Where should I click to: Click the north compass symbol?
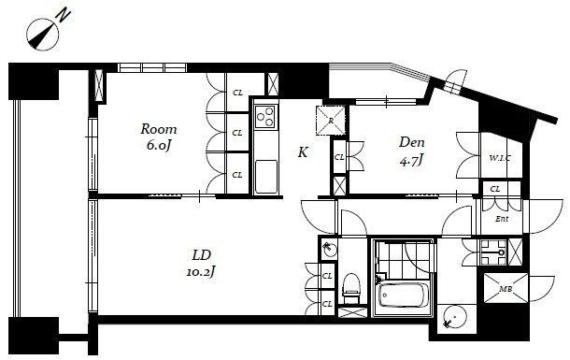pos(43,35)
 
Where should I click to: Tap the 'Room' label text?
pos(159,129)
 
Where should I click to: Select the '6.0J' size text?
pos(159,146)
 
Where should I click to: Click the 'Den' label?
pos(411,142)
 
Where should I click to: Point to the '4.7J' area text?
pos(411,160)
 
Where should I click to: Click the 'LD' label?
pos(202,255)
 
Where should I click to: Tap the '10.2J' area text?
pos(201,271)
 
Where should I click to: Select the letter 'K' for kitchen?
pos(303,152)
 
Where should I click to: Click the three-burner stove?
pos(265,116)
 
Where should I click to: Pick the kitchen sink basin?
pos(266,177)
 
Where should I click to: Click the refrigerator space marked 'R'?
pos(331,121)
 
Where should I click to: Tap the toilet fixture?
pos(350,289)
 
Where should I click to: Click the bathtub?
pos(403,295)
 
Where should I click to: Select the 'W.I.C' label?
pos(500,158)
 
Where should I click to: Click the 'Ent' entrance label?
pos(502,219)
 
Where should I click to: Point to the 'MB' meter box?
pos(506,289)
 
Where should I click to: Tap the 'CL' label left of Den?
pos(339,157)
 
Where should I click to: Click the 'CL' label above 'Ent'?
pos(494,189)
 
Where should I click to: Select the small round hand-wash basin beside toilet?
pos(330,249)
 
